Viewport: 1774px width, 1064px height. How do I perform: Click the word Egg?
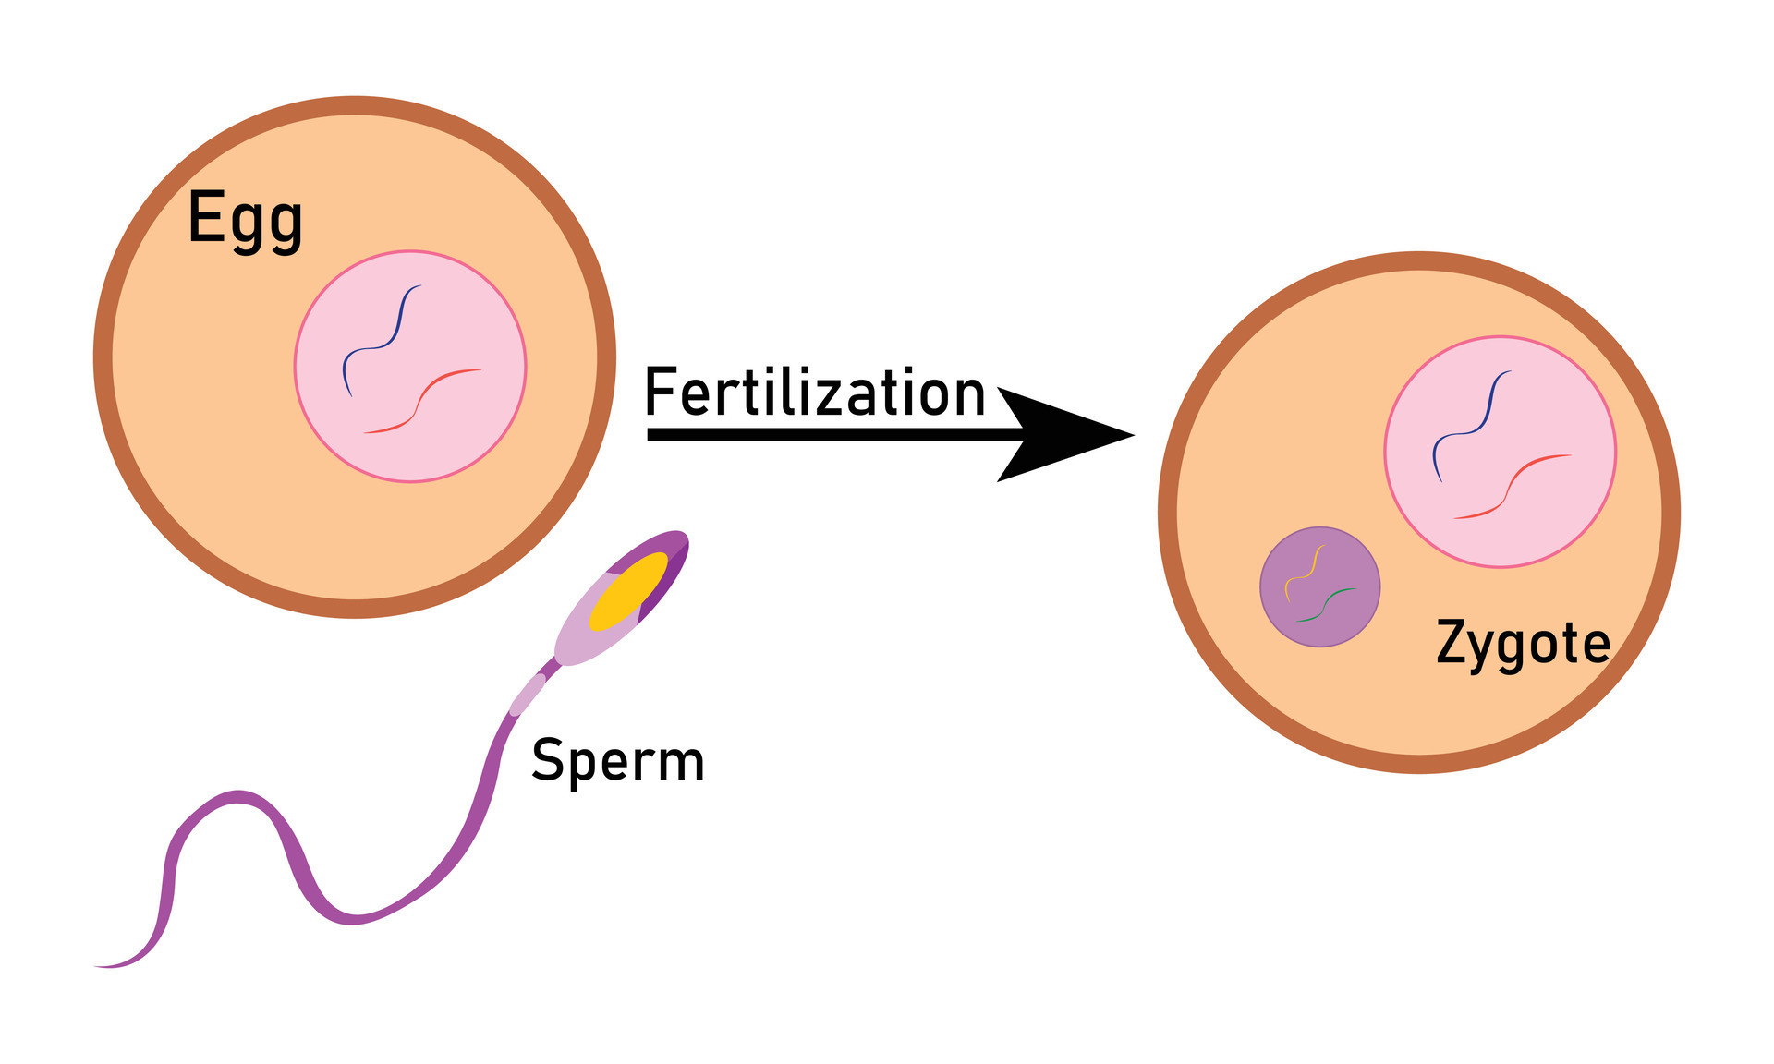coord(245,222)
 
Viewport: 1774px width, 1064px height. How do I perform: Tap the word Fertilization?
coord(815,393)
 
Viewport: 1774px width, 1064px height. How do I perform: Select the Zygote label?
coord(1523,644)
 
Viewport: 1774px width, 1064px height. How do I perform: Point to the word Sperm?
coord(617,761)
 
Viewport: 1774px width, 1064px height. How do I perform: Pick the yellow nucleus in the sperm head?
coord(628,592)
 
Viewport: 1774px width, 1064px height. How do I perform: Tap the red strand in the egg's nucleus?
coord(420,402)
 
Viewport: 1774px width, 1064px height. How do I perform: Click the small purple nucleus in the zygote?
coord(1320,586)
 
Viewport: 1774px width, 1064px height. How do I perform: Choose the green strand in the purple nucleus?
coord(1327,605)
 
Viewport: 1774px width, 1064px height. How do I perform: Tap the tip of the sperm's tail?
coord(96,966)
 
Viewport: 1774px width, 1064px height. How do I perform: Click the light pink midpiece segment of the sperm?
coord(528,695)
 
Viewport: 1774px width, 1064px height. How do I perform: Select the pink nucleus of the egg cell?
coord(410,366)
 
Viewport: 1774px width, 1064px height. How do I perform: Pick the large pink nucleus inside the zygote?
coord(1501,452)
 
